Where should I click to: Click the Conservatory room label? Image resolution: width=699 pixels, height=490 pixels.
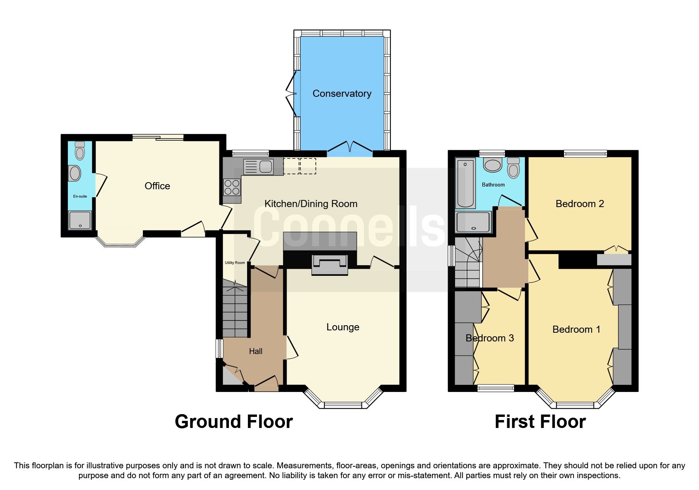(342, 94)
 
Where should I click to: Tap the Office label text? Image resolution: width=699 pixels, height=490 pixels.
(157, 186)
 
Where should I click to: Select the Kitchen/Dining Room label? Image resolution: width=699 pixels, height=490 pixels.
(311, 204)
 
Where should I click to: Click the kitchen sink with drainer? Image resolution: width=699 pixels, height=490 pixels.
(258, 166)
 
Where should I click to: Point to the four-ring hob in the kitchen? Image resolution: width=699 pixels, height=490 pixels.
(232, 187)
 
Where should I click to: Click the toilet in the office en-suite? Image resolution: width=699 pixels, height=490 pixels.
(80, 150)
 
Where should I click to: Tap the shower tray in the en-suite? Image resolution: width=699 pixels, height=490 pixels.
(80, 220)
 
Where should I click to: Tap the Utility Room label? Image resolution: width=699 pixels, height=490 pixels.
(235, 263)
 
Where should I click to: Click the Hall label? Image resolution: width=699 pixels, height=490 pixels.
(255, 351)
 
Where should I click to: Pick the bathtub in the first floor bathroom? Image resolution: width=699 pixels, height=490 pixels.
(465, 184)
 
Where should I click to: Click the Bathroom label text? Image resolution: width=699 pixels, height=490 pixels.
(493, 185)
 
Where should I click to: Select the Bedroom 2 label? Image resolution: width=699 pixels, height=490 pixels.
(579, 204)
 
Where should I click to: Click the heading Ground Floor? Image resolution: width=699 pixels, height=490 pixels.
(234, 422)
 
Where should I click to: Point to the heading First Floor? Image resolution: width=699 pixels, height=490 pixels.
(540, 422)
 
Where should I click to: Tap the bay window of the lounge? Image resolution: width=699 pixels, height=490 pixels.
(343, 404)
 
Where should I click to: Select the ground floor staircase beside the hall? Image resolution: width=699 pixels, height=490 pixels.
(235, 312)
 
